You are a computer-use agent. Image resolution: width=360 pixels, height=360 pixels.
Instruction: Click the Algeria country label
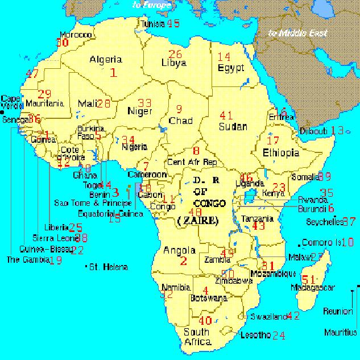pyautogui.click(x=106, y=59)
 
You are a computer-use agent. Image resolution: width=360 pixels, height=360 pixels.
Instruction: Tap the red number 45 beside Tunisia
pyautogui.click(x=173, y=23)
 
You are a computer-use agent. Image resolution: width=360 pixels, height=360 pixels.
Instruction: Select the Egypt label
pyautogui.click(x=230, y=68)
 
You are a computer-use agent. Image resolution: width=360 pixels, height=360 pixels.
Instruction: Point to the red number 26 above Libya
pyautogui.click(x=175, y=54)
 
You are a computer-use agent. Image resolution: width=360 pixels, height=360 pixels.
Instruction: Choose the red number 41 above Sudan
pyautogui.click(x=226, y=115)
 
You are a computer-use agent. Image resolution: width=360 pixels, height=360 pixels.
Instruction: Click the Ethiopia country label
pyautogui.click(x=280, y=152)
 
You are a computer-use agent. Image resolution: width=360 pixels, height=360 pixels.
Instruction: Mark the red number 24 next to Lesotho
pyautogui.click(x=278, y=336)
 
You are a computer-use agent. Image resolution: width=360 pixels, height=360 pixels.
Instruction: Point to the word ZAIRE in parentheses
pyautogui.click(x=197, y=220)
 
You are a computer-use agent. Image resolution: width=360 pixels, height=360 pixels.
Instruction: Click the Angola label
pyautogui.click(x=179, y=250)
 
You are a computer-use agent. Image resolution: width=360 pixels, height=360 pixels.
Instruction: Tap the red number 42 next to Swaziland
pyautogui.click(x=292, y=316)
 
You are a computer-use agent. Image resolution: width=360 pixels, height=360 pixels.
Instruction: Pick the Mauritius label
pyautogui.click(x=341, y=332)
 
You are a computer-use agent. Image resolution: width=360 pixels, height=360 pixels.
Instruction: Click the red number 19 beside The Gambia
pyautogui.click(x=56, y=260)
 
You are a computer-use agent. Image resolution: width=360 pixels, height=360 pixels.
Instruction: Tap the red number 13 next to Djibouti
pyautogui.click(x=337, y=131)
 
